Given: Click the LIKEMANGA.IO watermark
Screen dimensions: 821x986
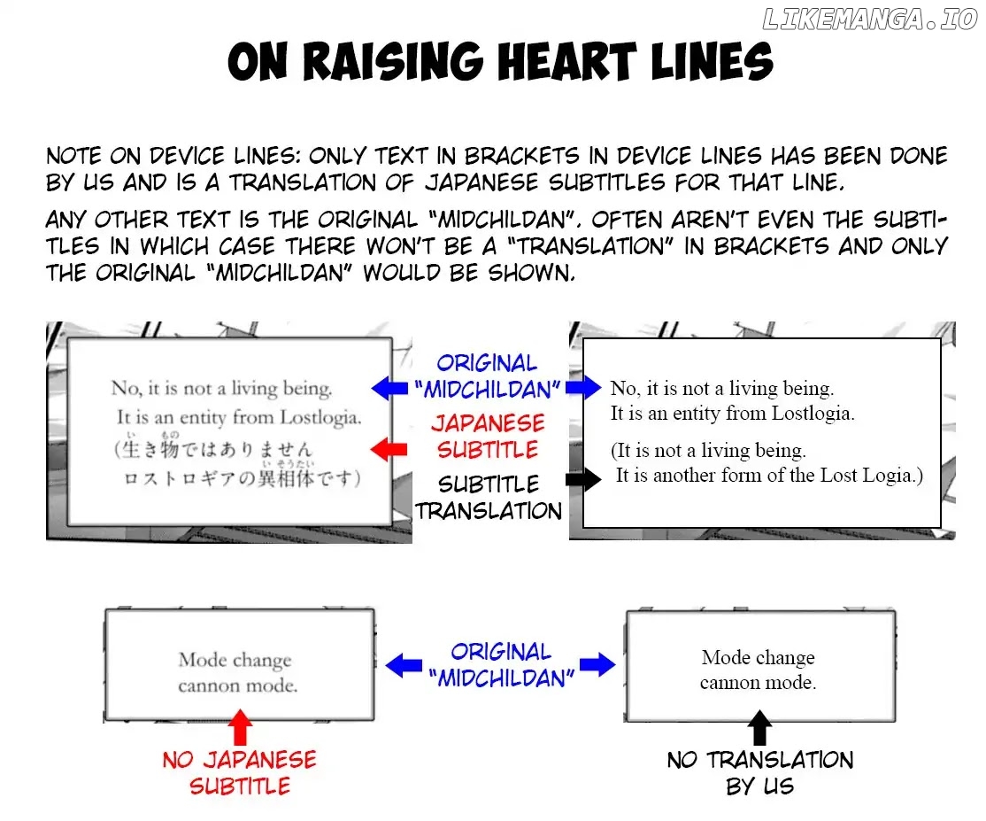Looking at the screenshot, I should coord(869,19).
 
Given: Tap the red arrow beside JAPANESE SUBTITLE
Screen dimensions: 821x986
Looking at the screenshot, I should coord(389,450).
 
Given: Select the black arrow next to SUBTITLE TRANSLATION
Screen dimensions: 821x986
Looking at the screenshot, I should coord(582,479).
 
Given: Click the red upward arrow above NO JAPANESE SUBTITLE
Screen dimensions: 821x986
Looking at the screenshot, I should coord(240,727).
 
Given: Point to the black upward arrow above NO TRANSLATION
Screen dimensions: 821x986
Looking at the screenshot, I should coord(759,727).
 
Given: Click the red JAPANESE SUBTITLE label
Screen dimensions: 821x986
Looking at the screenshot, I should coord(488,436).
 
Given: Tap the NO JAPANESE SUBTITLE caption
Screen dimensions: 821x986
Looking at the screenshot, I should coord(239,772).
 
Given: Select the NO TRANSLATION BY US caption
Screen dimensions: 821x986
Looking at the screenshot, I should coord(760,772).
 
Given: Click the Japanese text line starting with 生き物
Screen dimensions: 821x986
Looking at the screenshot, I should coord(212,450).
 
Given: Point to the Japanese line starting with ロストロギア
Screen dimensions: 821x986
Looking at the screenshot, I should coord(241,479).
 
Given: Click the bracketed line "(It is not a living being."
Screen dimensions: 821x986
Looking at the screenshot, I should coord(708,451).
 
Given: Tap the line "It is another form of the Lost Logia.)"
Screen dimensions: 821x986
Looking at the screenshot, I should coord(769,476).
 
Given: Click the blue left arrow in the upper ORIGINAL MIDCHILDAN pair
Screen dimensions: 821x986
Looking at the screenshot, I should coord(389,387).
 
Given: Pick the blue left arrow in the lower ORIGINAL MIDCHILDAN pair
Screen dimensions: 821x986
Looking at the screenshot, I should coord(403,664).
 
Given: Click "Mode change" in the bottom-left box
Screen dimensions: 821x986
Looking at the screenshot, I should coord(235,660).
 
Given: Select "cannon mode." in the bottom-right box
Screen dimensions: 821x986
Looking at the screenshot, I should coord(758,683).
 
